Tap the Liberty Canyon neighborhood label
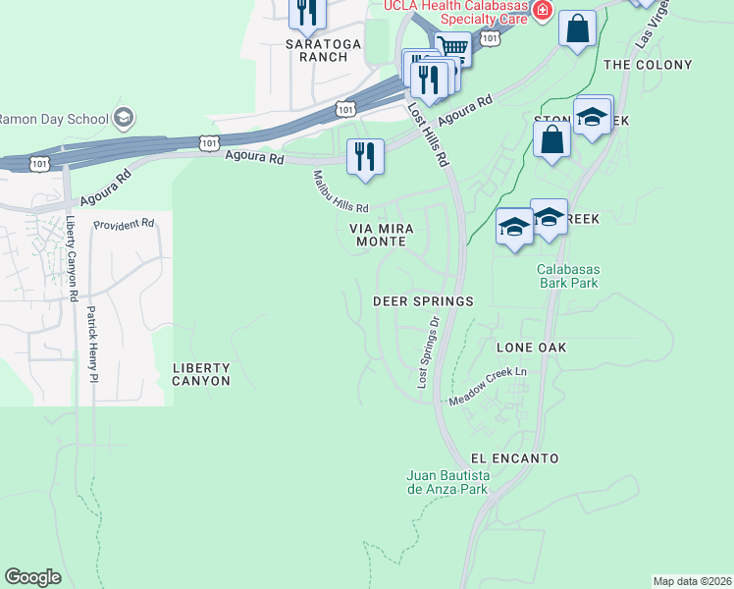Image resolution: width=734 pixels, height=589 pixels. [201, 374]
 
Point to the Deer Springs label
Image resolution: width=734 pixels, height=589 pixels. [424, 301]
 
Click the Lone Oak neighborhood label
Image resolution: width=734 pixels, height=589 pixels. [532, 348]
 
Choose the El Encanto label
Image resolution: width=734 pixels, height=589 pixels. [514, 458]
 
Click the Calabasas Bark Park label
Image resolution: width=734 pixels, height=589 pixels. [568, 276]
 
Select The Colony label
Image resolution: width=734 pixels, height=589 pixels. [648, 65]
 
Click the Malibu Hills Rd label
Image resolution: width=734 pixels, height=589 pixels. [340, 192]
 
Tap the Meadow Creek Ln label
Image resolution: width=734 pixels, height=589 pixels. [488, 387]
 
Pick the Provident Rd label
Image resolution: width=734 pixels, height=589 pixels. [125, 224]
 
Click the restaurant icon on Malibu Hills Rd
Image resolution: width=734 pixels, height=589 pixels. [365, 156]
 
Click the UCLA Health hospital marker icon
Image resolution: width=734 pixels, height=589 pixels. [542, 12]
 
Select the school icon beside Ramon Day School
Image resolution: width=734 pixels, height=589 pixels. [123, 119]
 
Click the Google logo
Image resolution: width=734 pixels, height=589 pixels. [33, 577]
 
